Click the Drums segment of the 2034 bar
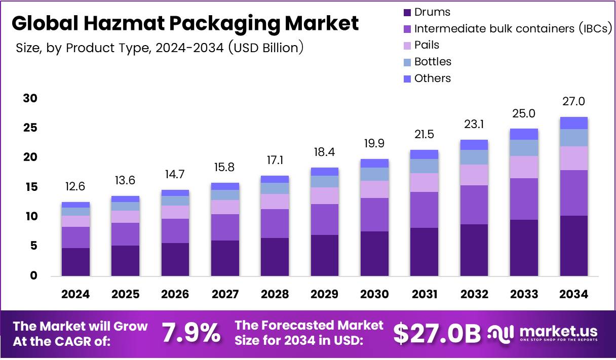573,246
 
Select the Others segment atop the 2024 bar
76,205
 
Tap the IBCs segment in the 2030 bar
374,215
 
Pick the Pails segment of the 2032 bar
474,175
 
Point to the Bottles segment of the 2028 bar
275,188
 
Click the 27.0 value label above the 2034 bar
573,101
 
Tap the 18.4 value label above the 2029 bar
324,152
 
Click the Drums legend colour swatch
407,12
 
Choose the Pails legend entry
427,45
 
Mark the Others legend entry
432,78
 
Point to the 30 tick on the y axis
30,98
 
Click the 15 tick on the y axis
30,187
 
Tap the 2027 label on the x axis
225,294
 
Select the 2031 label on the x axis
424,294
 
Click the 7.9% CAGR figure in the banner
191,333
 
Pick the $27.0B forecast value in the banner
437,333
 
